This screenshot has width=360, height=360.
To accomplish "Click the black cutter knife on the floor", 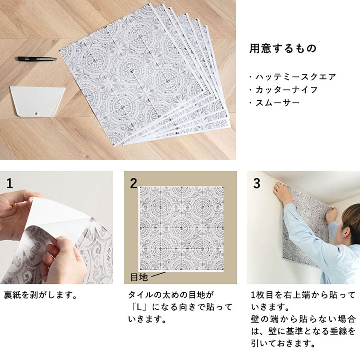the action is pyautogui.click(x=37, y=59).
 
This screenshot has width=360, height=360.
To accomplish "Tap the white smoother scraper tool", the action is pyautogui.click(x=37, y=101).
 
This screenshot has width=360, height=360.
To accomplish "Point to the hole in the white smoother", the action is pyautogui.click(x=36, y=113).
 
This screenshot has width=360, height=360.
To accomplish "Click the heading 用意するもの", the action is pyautogui.click(x=283, y=49).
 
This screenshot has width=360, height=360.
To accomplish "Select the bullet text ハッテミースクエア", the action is pyautogui.click(x=296, y=77).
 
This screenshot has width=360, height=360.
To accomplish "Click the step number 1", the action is pyautogui.click(x=9, y=184).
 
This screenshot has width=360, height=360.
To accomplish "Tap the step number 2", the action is pyautogui.click(x=134, y=184).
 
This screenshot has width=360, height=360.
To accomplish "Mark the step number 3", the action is pyautogui.click(x=257, y=184).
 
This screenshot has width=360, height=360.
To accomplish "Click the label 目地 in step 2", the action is pyautogui.click(x=139, y=277).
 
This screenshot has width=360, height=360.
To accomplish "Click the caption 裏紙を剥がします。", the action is pyautogui.click(x=40, y=295).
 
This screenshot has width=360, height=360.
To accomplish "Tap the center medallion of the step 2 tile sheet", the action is pyautogui.click(x=181, y=228).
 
